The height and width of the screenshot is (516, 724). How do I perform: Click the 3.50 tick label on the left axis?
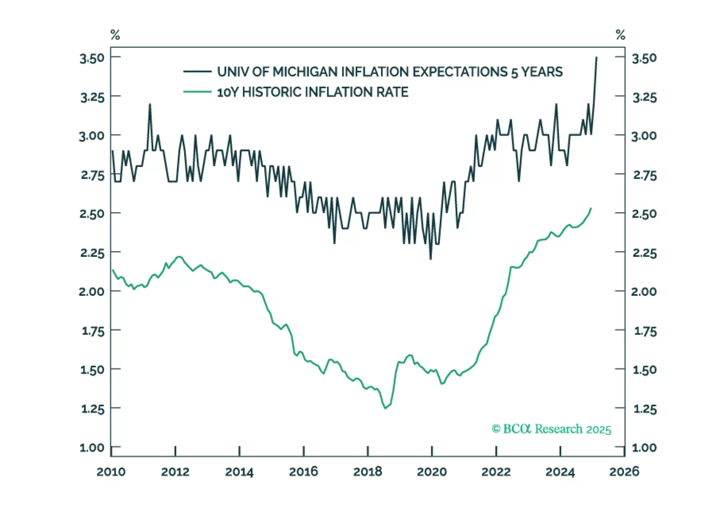click(x=92, y=58)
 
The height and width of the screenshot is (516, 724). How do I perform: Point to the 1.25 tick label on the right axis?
click(x=645, y=409)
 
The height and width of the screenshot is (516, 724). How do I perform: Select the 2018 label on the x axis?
click(x=367, y=472)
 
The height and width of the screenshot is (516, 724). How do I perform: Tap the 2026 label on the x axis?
click(x=624, y=472)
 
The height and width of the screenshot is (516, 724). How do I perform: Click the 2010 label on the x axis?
click(x=111, y=472)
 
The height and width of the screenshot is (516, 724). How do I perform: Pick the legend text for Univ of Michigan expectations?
click(x=390, y=72)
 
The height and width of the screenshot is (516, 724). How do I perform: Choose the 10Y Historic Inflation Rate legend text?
click(x=313, y=92)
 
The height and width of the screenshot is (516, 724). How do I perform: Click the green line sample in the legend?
click(x=197, y=92)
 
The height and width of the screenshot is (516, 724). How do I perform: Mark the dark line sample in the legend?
click(x=197, y=72)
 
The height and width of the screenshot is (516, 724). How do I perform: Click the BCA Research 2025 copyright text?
click(x=551, y=429)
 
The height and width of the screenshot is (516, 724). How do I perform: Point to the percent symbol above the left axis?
click(x=115, y=35)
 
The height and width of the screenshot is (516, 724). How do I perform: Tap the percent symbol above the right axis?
click(x=620, y=35)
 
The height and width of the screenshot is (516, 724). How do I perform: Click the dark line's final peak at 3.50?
click(x=596, y=58)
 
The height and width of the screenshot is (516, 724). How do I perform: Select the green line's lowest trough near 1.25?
click(x=386, y=408)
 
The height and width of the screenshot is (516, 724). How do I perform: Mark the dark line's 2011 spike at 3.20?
click(x=150, y=104)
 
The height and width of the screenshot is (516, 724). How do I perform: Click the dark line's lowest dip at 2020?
click(x=430, y=259)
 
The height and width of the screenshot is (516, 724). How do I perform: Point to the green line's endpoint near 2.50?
click(x=591, y=208)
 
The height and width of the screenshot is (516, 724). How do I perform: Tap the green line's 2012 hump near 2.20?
click(x=179, y=256)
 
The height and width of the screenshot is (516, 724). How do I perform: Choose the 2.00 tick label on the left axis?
click(x=92, y=291)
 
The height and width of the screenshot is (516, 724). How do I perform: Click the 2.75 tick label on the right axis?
click(x=645, y=175)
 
